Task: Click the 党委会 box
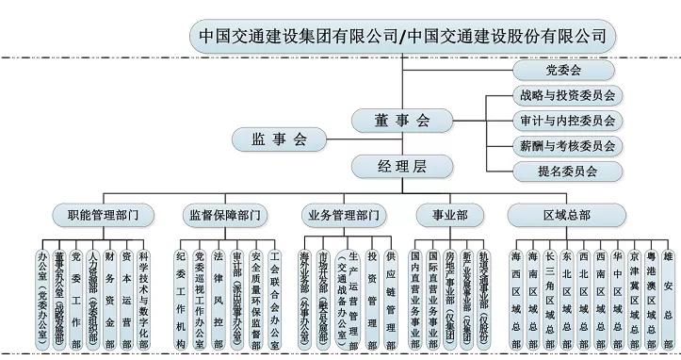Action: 565,71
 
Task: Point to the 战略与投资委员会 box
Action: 565,95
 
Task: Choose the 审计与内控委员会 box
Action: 565,121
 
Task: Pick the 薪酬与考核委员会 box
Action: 565,145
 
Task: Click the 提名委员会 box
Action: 565,171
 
